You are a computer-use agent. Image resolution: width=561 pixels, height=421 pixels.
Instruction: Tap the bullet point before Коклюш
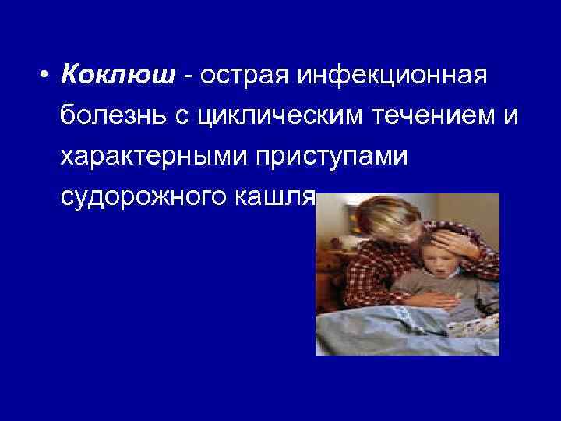48,77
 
